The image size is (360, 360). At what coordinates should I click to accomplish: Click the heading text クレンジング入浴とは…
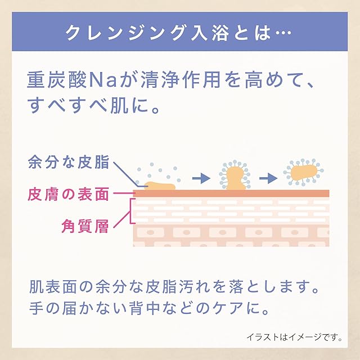[179, 33]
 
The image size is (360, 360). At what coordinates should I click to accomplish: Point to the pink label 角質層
[84, 227]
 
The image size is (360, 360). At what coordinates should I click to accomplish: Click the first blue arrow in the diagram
[200, 178]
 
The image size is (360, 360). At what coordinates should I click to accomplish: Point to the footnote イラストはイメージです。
[294, 337]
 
